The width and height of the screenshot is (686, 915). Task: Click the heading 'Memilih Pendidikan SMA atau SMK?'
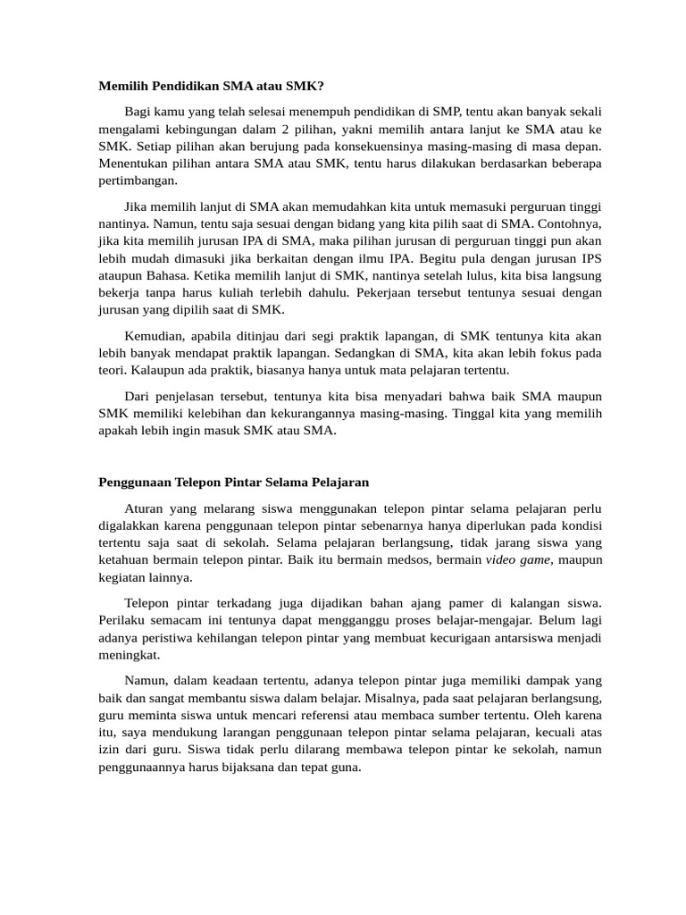(x=211, y=86)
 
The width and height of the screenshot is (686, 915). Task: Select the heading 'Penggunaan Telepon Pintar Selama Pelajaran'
(x=232, y=482)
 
